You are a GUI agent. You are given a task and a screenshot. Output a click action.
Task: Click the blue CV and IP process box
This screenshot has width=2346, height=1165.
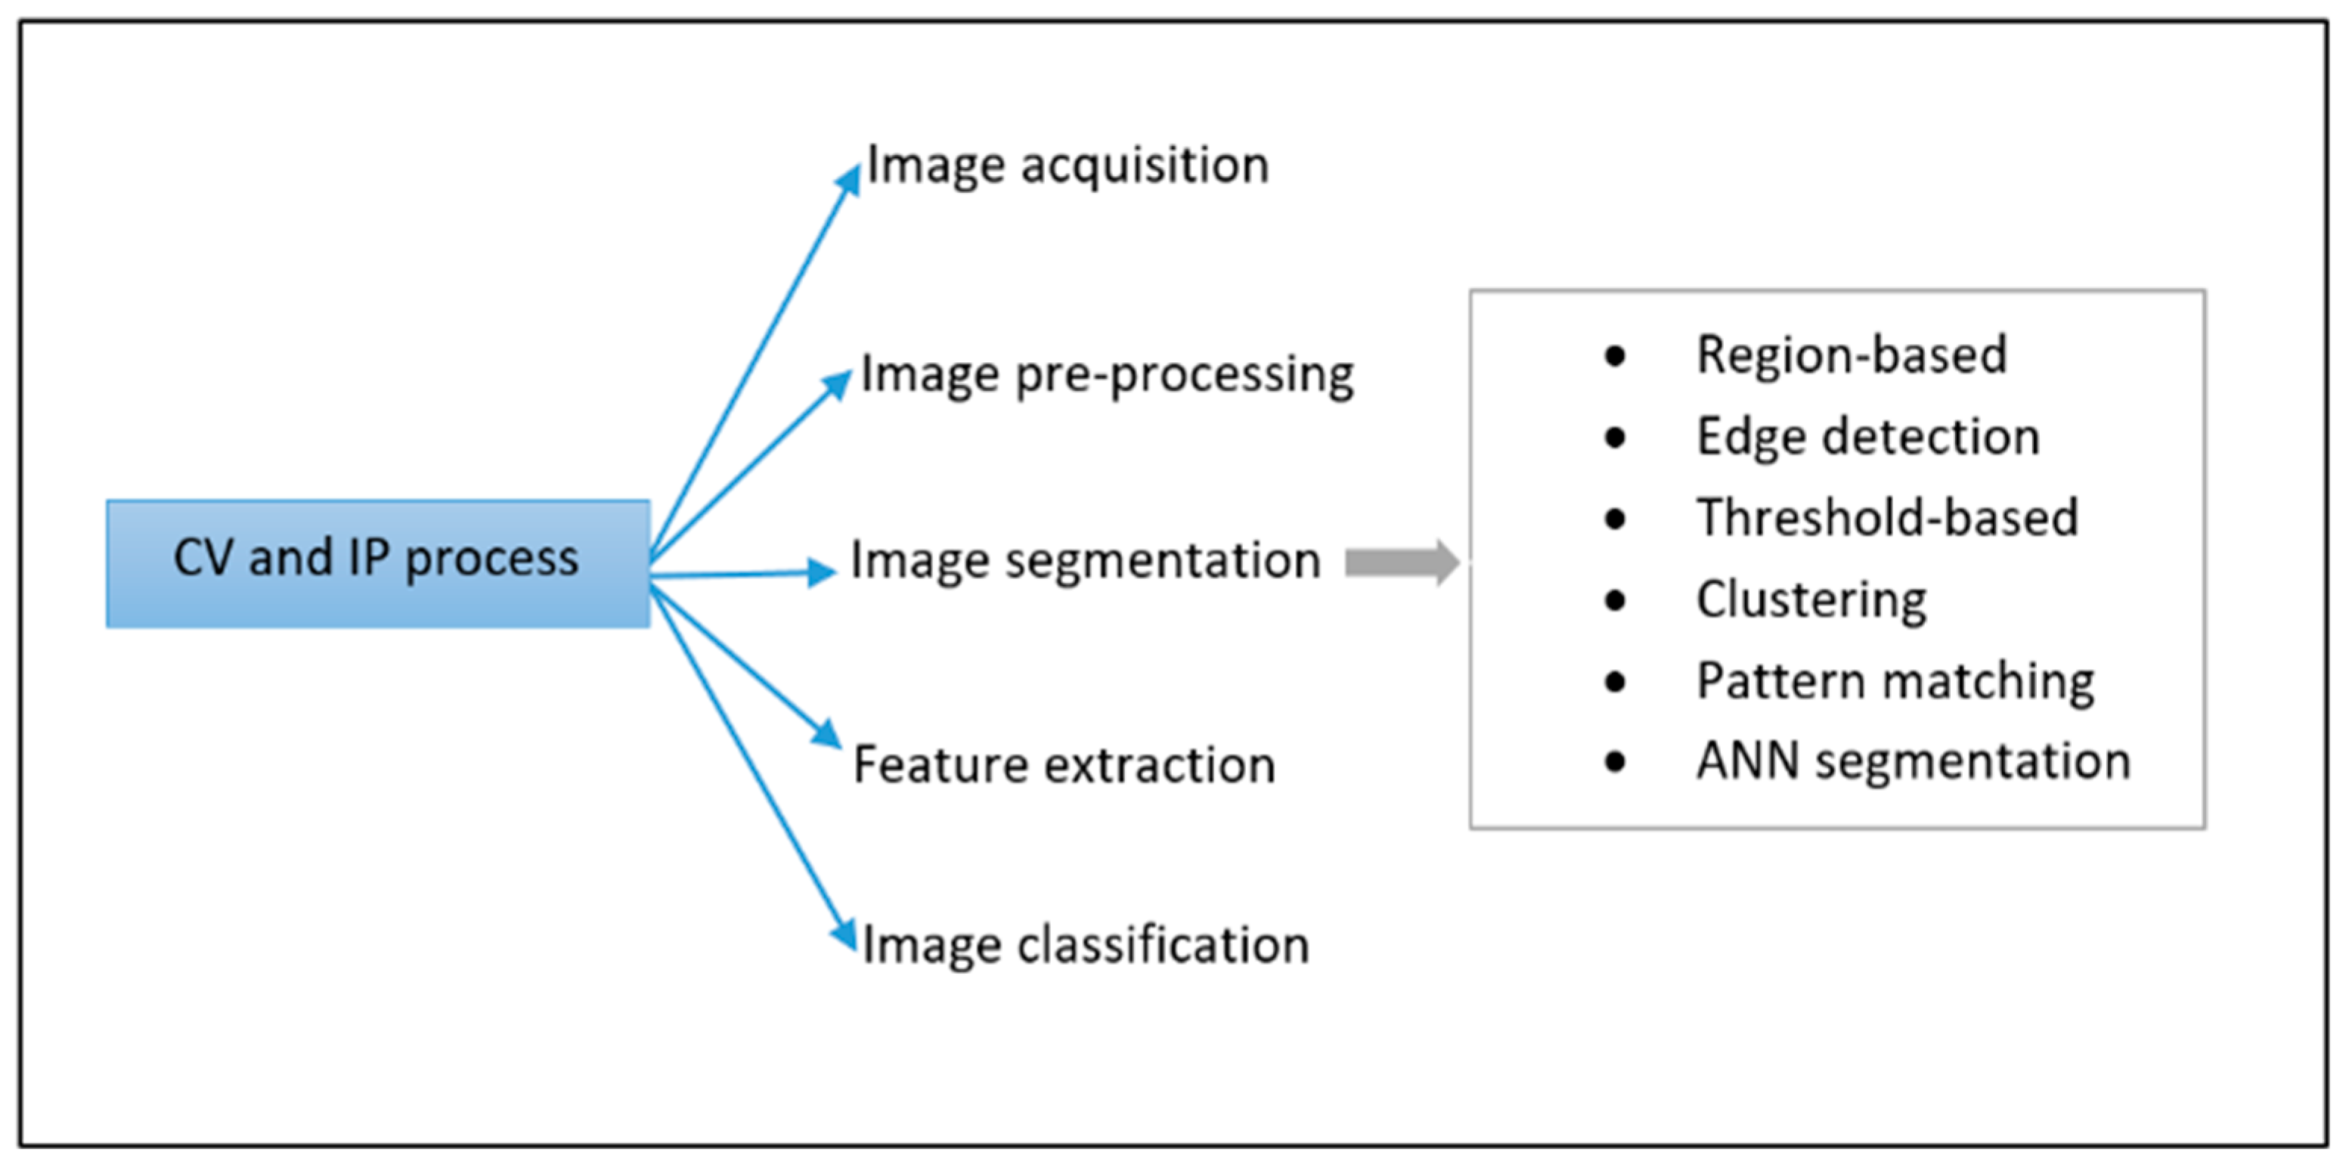(378, 563)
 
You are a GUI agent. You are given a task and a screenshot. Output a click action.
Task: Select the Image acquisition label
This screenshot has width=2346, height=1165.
(1068, 166)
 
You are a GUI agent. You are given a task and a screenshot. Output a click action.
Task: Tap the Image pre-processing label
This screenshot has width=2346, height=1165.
(1107, 374)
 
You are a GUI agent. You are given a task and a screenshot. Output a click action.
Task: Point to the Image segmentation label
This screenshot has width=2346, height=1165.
(1085, 560)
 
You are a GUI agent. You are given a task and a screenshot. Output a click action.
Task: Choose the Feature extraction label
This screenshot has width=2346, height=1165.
(1064, 764)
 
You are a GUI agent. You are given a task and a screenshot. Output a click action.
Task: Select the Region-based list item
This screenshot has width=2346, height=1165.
(1852, 355)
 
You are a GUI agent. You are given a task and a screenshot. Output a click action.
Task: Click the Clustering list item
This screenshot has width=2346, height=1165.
(1811, 600)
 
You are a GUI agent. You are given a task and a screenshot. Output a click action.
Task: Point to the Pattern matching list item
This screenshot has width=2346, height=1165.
(1895, 680)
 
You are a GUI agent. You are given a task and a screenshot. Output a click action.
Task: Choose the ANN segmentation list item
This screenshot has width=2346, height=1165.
(1914, 761)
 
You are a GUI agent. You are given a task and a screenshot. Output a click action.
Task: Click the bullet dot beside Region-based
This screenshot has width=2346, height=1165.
(1615, 356)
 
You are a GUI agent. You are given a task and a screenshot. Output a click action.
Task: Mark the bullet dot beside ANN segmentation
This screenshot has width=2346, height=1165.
(1615, 761)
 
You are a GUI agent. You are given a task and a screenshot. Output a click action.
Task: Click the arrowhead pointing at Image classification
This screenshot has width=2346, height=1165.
(845, 934)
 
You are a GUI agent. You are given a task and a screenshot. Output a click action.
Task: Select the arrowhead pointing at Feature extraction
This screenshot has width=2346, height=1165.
(827, 734)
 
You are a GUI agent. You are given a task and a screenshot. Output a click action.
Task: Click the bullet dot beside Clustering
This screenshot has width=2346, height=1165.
(1615, 600)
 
